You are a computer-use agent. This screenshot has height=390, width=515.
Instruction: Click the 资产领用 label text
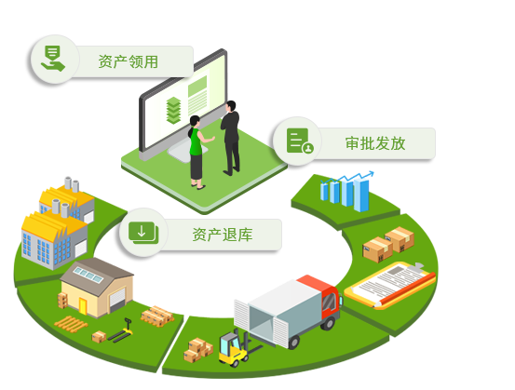[x=129, y=61]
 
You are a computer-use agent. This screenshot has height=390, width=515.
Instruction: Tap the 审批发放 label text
[x=375, y=143]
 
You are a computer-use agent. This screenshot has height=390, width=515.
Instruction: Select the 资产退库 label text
[x=223, y=235]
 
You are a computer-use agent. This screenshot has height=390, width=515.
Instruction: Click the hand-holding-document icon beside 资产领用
[x=53, y=59]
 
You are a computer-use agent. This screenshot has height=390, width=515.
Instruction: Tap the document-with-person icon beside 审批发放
[x=300, y=141]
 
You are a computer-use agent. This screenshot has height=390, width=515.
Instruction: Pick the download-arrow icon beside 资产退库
[x=143, y=233]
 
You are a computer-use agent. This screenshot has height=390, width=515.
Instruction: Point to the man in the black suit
[x=231, y=138]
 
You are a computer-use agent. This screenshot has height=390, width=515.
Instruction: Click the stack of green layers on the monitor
[x=173, y=111]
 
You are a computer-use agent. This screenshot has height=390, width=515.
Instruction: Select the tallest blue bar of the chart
[x=361, y=195]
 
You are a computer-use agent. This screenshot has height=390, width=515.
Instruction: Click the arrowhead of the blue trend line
[x=371, y=173]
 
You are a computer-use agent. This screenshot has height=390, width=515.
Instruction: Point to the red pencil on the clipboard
[x=405, y=289]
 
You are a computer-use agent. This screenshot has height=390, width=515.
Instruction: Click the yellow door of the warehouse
[x=82, y=306]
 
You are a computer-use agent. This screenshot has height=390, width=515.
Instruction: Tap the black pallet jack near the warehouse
[x=120, y=331]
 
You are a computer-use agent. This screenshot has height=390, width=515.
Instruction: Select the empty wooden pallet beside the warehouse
[x=71, y=324]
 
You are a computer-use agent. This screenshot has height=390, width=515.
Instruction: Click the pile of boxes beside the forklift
[x=198, y=350]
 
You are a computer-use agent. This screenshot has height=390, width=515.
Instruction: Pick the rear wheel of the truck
[x=294, y=342]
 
